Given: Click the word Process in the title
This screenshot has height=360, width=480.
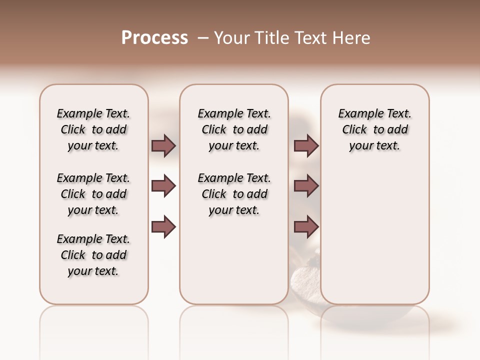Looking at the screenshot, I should (x=154, y=38).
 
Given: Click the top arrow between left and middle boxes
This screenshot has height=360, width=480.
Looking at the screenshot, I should (x=163, y=146).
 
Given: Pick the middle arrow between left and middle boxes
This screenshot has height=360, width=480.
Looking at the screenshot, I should (x=163, y=186).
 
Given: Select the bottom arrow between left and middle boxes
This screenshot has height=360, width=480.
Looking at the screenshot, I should (x=163, y=227).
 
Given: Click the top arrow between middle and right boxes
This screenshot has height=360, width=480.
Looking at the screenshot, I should (x=306, y=146).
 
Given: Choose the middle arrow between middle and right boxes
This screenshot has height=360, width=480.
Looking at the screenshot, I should (x=306, y=186).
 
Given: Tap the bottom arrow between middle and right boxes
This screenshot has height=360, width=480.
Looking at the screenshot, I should (x=306, y=227).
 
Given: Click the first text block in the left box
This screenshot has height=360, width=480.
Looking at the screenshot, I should (x=93, y=129).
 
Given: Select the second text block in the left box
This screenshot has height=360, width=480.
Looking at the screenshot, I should (x=93, y=194).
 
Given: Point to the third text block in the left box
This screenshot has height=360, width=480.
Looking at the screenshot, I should (x=93, y=255).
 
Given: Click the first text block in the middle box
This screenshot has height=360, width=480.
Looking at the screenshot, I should (x=234, y=129).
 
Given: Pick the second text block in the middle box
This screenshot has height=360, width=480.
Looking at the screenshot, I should (x=234, y=194).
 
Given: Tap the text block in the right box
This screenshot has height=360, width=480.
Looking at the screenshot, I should (x=375, y=129).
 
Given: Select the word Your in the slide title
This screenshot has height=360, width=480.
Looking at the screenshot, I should (x=231, y=38).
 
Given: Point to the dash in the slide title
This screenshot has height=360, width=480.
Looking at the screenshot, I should (x=203, y=38).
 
